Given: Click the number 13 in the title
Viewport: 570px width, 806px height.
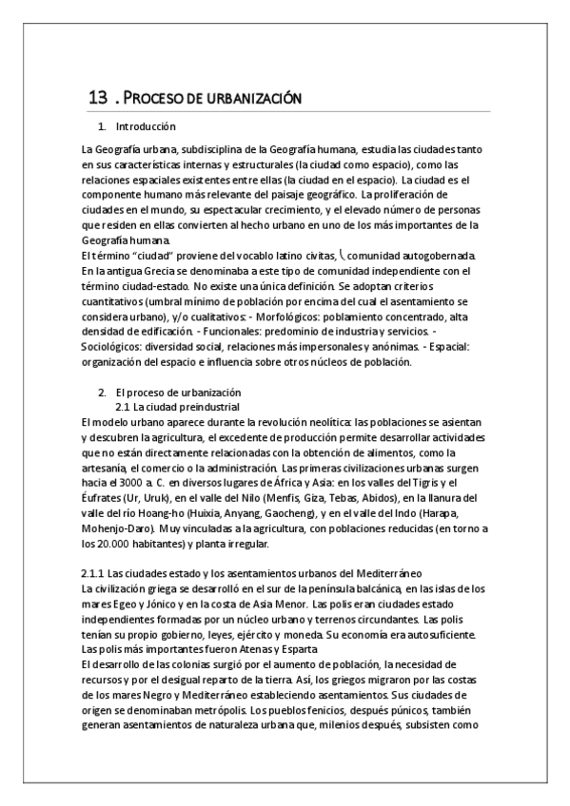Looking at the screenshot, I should (96, 97).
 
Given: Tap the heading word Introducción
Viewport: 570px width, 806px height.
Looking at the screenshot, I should (146, 126).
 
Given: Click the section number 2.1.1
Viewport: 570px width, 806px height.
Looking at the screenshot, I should (92, 573).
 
